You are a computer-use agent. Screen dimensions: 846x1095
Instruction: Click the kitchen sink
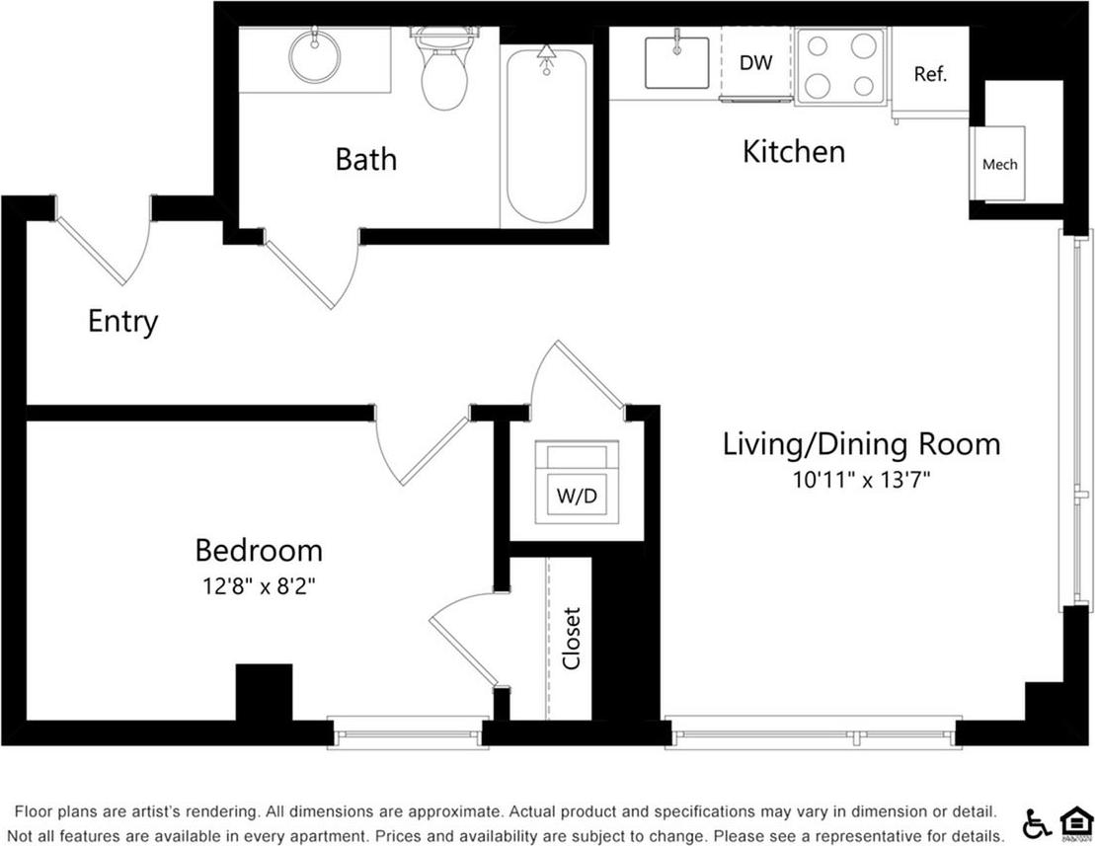(676, 62)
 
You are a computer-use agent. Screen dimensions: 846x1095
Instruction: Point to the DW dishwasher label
(755, 63)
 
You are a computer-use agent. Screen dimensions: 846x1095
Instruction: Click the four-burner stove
(839, 65)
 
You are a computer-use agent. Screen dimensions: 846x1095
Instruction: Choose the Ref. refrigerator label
(930, 74)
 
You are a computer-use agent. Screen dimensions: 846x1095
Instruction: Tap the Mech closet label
(999, 164)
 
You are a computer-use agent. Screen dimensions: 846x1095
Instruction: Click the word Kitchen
(794, 152)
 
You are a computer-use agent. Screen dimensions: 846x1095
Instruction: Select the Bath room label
(365, 159)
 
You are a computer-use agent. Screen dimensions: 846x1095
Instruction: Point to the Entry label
(122, 322)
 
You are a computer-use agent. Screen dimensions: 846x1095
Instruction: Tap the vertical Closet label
(572, 639)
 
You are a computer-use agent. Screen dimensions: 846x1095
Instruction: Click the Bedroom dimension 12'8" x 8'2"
(259, 585)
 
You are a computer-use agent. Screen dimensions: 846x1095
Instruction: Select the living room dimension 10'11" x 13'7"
(862, 480)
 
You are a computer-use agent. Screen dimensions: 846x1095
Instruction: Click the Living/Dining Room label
(861, 444)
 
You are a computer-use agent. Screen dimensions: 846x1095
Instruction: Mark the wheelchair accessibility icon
(1038, 821)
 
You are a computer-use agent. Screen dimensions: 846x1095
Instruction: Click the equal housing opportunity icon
(1072, 822)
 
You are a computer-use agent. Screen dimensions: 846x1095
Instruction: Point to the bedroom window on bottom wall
(406, 733)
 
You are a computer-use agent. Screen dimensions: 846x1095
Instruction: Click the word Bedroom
(259, 550)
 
